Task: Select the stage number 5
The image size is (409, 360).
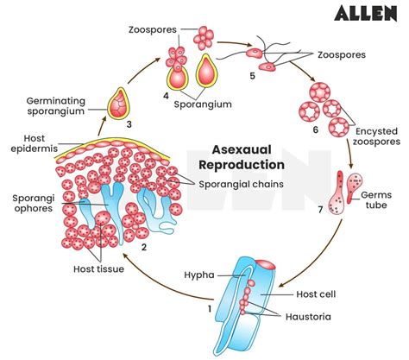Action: point(251,75)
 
